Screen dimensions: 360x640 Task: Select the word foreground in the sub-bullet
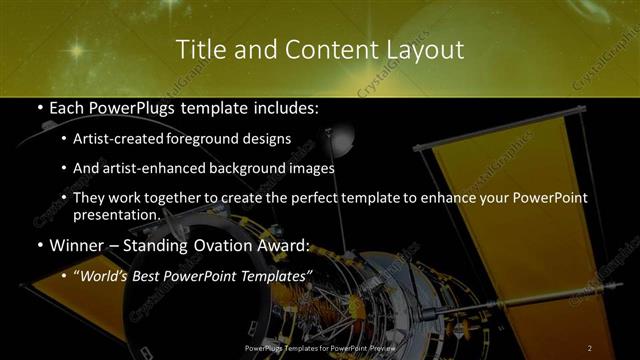click(222, 138)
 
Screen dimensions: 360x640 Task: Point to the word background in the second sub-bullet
click(246, 169)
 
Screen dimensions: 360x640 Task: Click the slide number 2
click(590, 347)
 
